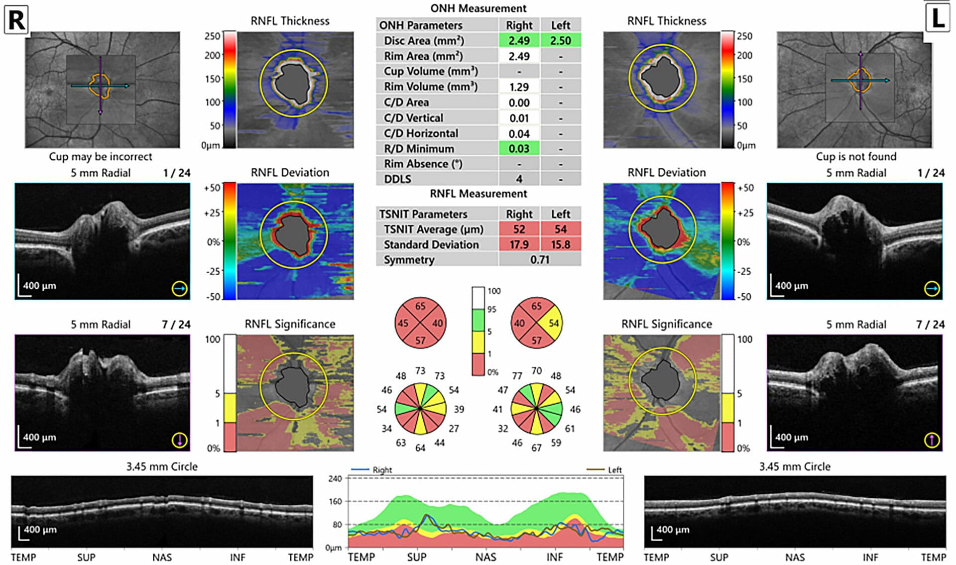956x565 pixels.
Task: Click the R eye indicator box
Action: coord(16,20)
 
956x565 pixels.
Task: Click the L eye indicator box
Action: coord(938,18)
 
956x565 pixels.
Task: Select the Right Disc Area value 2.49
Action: coord(519,40)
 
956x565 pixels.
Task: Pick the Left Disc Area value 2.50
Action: coord(560,40)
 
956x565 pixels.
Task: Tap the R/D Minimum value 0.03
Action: coord(519,148)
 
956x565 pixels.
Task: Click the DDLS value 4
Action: coord(519,179)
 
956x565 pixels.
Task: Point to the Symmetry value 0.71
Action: coord(539,259)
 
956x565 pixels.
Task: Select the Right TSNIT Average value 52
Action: coord(519,229)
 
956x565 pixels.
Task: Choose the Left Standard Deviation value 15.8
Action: coord(560,244)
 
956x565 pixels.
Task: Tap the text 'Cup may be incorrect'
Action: coord(100,156)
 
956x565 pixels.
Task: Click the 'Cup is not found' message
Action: coord(855,156)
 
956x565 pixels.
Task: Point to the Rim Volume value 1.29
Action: coord(519,87)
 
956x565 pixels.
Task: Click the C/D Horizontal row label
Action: coord(421,133)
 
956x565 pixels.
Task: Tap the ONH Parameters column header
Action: coord(421,25)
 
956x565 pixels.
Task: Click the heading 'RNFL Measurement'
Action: coord(478,194)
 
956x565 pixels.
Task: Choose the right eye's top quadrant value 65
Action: coord(420,306)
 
